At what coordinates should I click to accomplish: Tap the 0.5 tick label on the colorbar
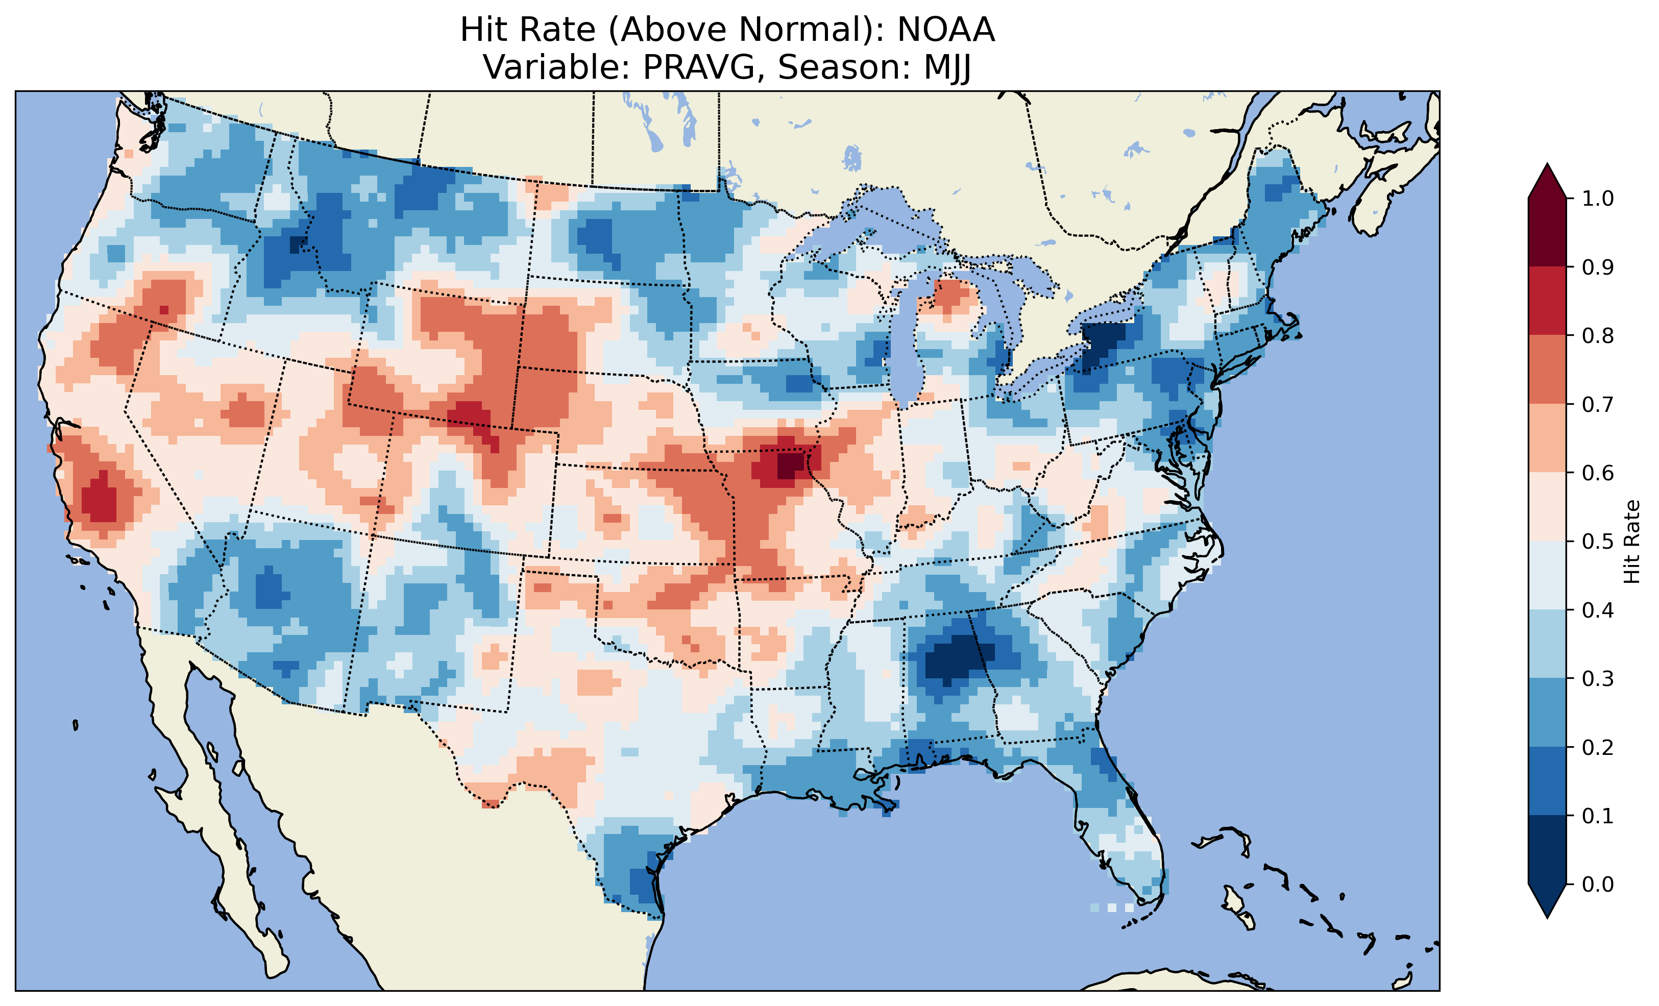pyautogui.click(x=1598, y=542)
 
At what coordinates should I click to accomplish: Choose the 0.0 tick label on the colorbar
pyautogui.click(x=1598, y=884)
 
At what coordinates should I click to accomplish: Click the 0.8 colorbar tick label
pyautogui.click(x=1598, y=335)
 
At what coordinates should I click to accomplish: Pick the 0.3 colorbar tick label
pyautogui.click(x=1598, y=679)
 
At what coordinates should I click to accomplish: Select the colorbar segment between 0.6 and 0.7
pyautogui.click(x=1547, y=438)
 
